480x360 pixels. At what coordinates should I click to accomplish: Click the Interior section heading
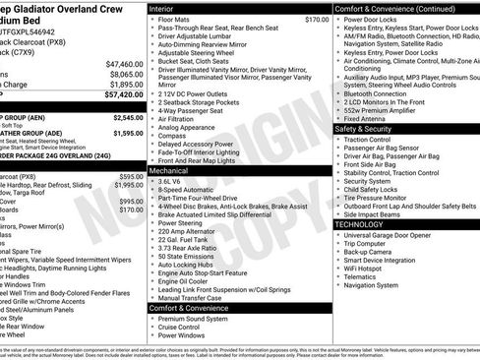coord(162,8)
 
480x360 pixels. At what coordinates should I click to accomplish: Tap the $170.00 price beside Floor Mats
coord(317,19)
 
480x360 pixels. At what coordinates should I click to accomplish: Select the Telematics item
coord(363,276)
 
